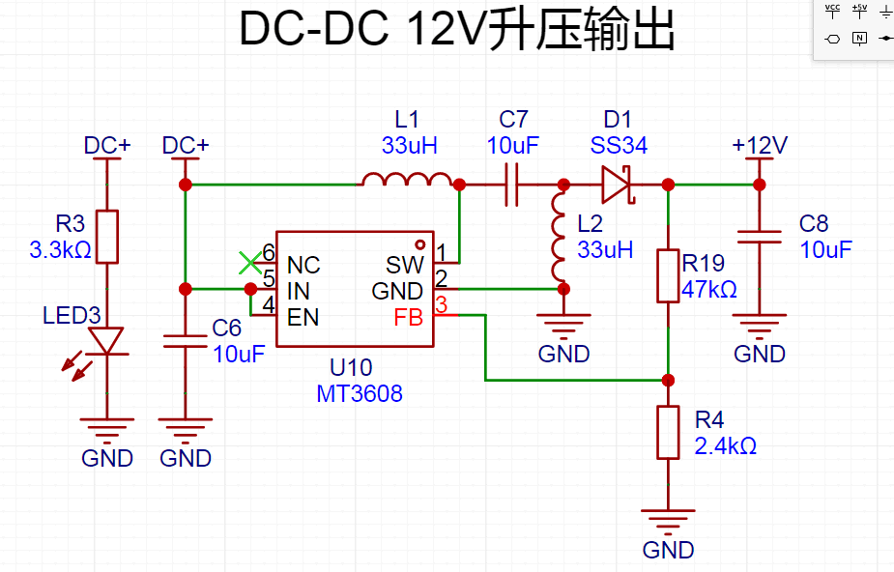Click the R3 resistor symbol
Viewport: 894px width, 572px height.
click(x=107, y=237)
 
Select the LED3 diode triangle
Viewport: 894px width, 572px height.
click(x=107, y=341)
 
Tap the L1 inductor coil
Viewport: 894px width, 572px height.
click(x=407, y=179)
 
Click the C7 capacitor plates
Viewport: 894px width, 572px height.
click(x=512, y=185)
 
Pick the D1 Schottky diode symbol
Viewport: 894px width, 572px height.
click(x=618, y=185)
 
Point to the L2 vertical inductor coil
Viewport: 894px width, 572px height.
click(x=558, y=237)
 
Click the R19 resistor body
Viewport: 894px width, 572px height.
click(x=668, y=275)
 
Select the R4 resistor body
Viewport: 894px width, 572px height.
click(x=668, y=433)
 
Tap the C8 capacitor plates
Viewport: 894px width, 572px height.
click(x=760, y=237)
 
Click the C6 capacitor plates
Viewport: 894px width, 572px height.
click(x=186, y=341)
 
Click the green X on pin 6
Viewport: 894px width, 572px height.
click(x=250, y=263)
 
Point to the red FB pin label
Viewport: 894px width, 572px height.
click(x=408, y=317)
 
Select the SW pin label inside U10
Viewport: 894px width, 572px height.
click(x=405, y=265)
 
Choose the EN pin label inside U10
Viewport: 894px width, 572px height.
click(x=303, y=317)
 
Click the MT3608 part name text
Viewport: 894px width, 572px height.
click(x=360, y=393)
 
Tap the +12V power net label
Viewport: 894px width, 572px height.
click(x=760, y=145)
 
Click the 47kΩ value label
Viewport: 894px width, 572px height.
click(x=709, y=290)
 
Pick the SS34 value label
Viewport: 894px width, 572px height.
click(x=619, y=145)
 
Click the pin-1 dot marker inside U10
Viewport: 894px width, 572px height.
click(x=420, y=244)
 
